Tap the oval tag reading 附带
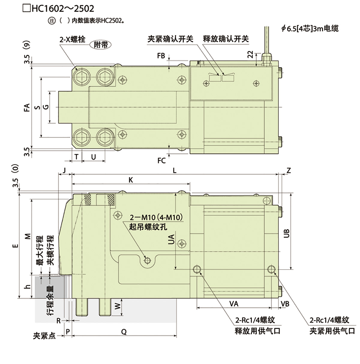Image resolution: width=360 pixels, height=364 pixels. [100, 45]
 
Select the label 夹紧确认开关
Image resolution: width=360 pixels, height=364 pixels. [170, 39]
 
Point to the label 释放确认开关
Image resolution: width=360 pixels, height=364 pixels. [226, 39]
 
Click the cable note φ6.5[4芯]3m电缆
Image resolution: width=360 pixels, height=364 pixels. [310, 29]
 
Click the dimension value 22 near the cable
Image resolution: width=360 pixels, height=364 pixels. [250, 55]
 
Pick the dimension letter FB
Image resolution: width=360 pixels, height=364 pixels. [161, 56]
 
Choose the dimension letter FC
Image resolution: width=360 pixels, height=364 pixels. [161, 161]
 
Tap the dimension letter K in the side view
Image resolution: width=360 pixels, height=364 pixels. [131, 180]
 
